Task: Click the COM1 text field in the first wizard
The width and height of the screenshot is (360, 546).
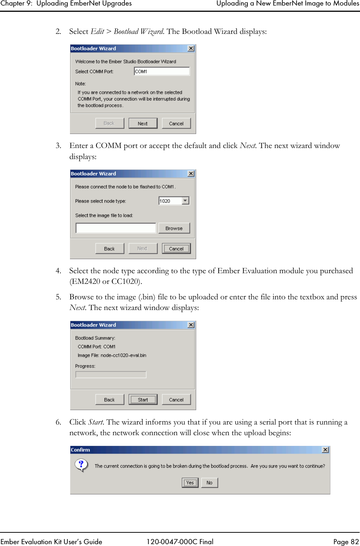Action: pyautogui.click(x=162, y=71)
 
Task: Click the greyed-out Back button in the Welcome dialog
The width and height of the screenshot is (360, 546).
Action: pyautogui.click(x=109, y=123)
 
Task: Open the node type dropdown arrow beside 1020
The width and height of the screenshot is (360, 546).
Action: pyautogui.click(x=186, y=201)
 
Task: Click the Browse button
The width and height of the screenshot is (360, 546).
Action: pyautogui.click(x=174, y=228)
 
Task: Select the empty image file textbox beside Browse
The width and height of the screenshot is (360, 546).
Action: pyautogui.click(x=116, y=228)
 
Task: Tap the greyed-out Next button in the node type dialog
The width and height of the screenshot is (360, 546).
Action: pyautogui.click(x=142, y=249)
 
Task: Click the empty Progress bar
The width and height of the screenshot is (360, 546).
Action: pyautogui.click(x=111, y=374)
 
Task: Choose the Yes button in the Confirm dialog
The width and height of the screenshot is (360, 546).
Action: pyautogui.click(x=190, y=483)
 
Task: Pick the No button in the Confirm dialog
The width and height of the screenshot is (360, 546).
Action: pyautogui.click(x=209, y=483)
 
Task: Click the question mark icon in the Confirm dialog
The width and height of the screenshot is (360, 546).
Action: pyautogui.click(x=81, y=465)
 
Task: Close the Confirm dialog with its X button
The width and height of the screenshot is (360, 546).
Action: pyautogui.click(x=325, y=450)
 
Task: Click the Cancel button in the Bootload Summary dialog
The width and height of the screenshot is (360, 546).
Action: pyautogui.click(x=176, y=399)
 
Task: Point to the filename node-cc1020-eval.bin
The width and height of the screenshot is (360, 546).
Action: pyautogui.click(x=123, y=355)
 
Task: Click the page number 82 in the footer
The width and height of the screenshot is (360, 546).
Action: pyautogui.click(x=354, y=542)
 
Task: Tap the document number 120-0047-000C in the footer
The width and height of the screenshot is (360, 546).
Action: pyautogui.click(x=170, y=542)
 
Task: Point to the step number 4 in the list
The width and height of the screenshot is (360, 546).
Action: pyautogui.click(x=58, y=271)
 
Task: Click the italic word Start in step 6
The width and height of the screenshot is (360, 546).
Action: pyautogui.click(x=96, y=422)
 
